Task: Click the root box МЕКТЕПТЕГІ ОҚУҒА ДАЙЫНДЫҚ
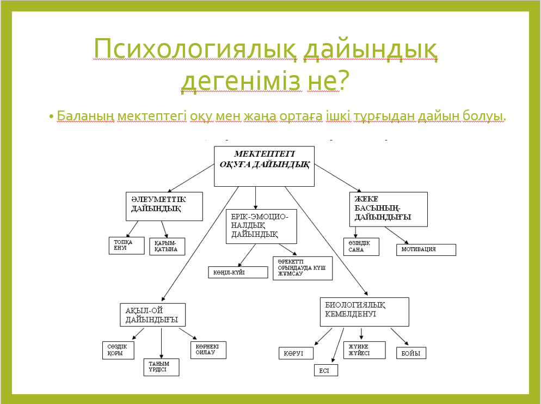264,166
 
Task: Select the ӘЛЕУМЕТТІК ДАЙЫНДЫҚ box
164,206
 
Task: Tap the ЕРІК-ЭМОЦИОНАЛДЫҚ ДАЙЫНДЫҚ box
261,226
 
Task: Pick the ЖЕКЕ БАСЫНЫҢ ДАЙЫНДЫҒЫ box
388,209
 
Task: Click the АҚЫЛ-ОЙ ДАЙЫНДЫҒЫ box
152,315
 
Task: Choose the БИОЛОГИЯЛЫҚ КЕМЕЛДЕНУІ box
364,311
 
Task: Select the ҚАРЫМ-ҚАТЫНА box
167,246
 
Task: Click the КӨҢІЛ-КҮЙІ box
238,272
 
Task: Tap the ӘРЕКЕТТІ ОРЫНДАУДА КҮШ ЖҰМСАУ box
303,268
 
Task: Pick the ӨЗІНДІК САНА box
361,247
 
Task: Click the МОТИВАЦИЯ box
426,249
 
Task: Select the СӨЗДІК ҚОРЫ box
118,350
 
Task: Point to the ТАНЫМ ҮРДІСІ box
161,367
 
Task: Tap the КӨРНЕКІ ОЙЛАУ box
208,350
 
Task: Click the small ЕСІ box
325,370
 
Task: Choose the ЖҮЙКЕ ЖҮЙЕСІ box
364,350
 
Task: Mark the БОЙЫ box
411,353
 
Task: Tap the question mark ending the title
342,81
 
